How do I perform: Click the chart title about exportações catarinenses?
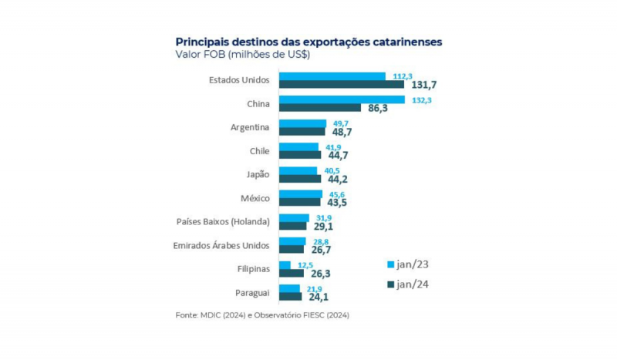coord(308,42)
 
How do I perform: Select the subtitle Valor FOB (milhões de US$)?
coord(242,55)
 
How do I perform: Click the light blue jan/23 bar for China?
coord(342,99)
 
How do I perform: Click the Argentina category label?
coord(250,127)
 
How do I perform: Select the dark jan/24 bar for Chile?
coord(299,155)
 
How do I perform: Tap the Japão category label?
coord(255,174)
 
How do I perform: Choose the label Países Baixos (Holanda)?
coord(223,221)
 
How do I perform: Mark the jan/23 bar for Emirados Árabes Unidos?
coord(292,241)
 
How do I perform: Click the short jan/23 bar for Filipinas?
coord(285,265)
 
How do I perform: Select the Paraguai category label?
coord(251,292)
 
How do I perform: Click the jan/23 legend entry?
coord(406,264)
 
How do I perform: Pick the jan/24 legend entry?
coord(406,285)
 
